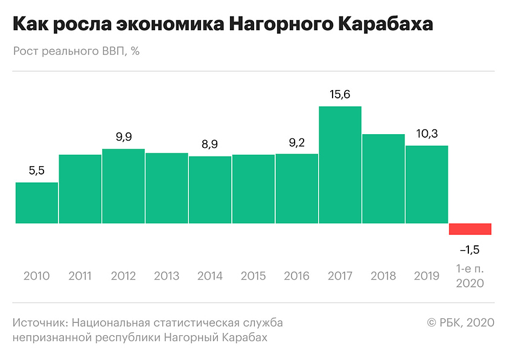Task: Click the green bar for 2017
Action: click(x=340, y=165)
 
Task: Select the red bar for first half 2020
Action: click(x=470, y=229)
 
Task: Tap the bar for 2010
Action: click(x=37, y=203)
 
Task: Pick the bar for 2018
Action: click(x=383, y=179)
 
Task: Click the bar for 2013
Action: click(x=167, y=188)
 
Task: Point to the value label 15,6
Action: click(x=340, y=94)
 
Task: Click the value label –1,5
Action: click(x=470, y=249)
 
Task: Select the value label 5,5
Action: click(x=37, y=171)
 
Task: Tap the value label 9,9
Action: click(x=123, y=137)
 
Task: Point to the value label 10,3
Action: click(x=427, y=134)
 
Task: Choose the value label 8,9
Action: click(x=210, y=145)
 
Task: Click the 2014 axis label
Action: click(x=210, y=276)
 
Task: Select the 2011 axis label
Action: click(x=80, y=276)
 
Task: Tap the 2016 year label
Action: click(x=296, y=276)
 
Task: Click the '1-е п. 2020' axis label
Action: click(x=471, y=275)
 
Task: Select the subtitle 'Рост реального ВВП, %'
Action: click(x=76, y=51)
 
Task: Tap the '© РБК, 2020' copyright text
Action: click(x=461, y=323)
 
